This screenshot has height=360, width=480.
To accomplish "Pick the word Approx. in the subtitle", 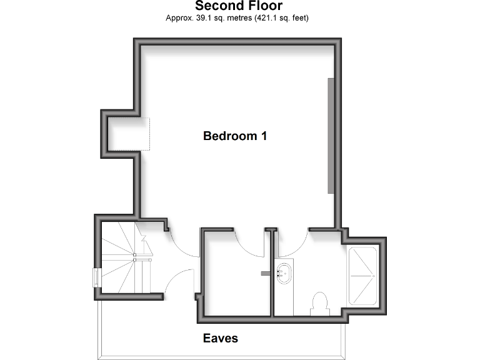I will [179, 18].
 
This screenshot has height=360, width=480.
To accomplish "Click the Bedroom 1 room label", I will [235, 136].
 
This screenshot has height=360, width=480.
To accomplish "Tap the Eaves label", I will [220, 339].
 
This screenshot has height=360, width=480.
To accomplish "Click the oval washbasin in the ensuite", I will [284, 274].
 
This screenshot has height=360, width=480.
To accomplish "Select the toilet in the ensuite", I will [319, 303].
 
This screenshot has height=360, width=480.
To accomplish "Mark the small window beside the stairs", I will [97, 277].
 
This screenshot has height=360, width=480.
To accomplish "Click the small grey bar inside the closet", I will [263, 273].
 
